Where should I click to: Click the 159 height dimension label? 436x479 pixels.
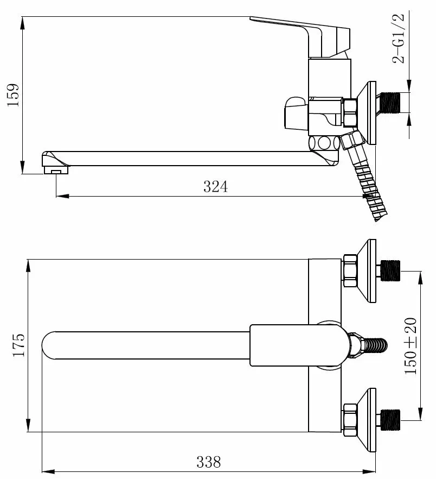pyautogui.click(x=14, y=95)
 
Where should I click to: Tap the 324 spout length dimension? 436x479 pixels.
pyautogui.click(x=215, y=187)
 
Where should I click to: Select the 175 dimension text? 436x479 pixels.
pyautogui.click(x=18, y=345)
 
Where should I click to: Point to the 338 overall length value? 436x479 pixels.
pyautogui.click(x=209, y=462)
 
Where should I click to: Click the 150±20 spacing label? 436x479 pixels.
pyautogui.click(x=411, y=346)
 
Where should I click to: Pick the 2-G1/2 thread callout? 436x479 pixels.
pyautogui.click(x=399, y=38)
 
